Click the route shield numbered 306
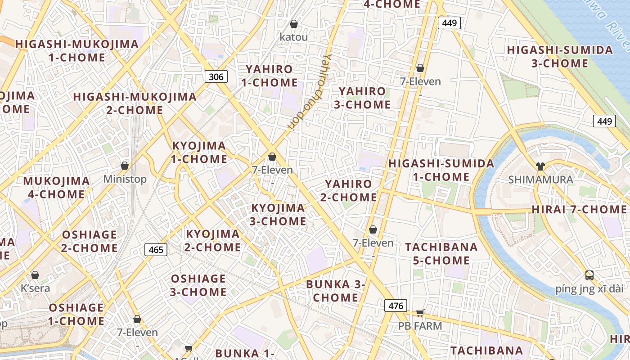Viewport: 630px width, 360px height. pyautogui.click(x=216, y=76)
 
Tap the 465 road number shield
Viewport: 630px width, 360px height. pyautogui.click(x=156, y=249)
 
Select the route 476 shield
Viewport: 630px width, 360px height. pyautogui.click(x=396, y=306)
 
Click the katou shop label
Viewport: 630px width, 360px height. pyautogui.click(x=294, y=37)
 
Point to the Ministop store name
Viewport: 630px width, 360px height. pyautogui.click(x=125, y=179)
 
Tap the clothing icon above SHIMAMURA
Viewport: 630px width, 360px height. pyautogui.click(x=540, y=166)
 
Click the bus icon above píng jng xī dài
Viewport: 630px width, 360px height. pyautogui.click(x=589, y=275)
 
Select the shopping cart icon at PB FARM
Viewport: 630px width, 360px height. pyautogui.click(x=420, y=313)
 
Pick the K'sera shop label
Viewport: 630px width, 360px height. pyautogui.click(x=36, y=288)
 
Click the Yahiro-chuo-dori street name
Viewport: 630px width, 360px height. pyautogui.click(x=310, y=92)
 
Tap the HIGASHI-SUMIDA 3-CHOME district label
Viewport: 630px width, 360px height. pyautogui.click(x=560, y=56)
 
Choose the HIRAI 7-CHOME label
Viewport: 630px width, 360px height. pyautogui.click(x=579, y=209)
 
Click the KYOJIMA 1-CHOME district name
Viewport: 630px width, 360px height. pyautogui.click(x=199, y=152)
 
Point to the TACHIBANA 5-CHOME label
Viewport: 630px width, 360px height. pyautogui.click(x=441, y=253)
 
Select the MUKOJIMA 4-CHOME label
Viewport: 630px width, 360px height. pyautogui.click(x=56, y=187)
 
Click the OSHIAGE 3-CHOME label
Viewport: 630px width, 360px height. pyautogui.click(x=198, y=285)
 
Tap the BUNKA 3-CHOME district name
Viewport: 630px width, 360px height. pyautogui.click(x=335, y=291)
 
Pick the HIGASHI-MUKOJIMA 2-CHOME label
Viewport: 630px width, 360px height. pyautogui.click(x=135, y=103)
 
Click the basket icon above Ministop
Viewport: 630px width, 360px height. pyautogui.click(x=125, y=166)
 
